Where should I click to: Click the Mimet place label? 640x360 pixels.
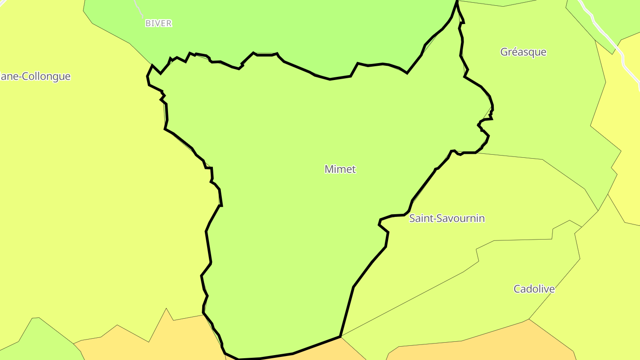[340, 169]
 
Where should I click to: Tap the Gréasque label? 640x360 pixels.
[523, 52]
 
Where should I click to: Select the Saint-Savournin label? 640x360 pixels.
[447, 218]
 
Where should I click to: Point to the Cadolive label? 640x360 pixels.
[534, 289]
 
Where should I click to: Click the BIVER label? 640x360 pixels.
[158, 24]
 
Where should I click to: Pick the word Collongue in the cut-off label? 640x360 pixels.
[48, 76]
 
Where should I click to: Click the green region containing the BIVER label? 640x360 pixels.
[267, 27]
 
